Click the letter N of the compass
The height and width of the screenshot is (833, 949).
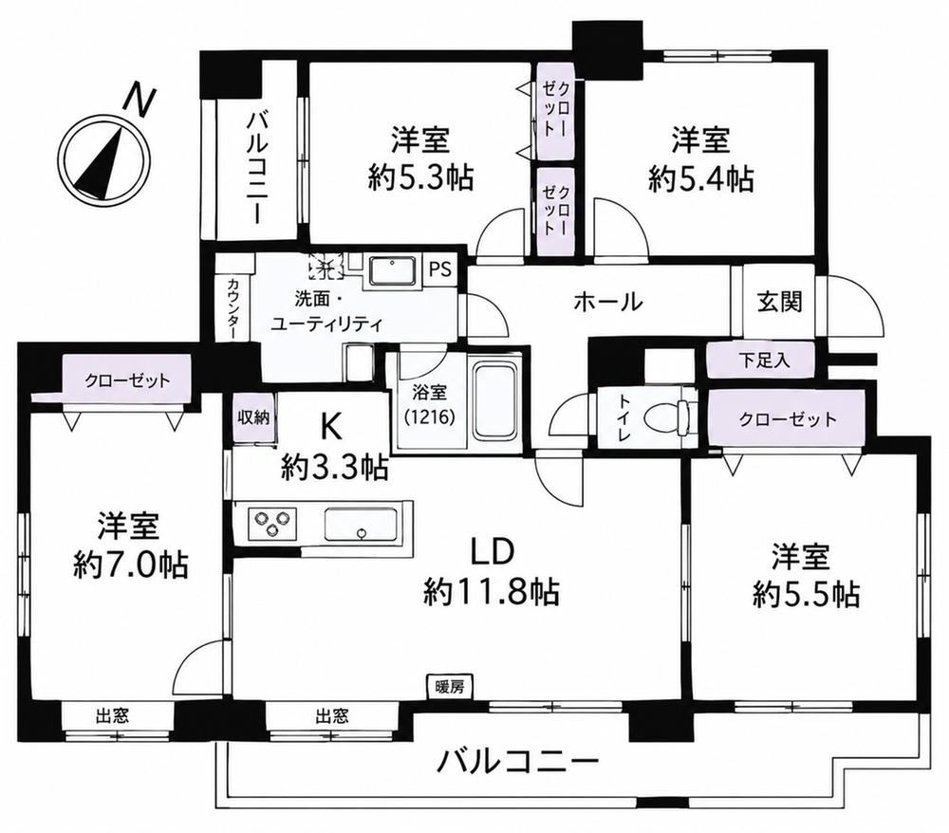pos(140,101)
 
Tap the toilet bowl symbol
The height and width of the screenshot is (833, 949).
pos(666,417)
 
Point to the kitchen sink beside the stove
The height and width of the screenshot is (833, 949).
pos(362,524)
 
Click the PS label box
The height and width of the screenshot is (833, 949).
pos(441,269)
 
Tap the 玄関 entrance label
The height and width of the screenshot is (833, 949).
pos(779,302)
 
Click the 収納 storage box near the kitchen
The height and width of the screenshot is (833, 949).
pos(253,417)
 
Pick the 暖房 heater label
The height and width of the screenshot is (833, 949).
pos(450,687)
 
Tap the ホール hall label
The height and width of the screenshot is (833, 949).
pos(607,302)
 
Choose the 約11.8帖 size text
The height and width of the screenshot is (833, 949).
pos(491,592)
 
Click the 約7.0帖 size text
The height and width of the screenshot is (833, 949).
pos(130,565)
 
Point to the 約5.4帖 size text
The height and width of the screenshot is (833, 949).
pos(701,179)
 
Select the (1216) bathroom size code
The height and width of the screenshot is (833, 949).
pos(430,418)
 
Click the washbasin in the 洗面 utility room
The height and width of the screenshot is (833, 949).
pos(392,270)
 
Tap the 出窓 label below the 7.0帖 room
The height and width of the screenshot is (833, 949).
pos(113,717)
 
